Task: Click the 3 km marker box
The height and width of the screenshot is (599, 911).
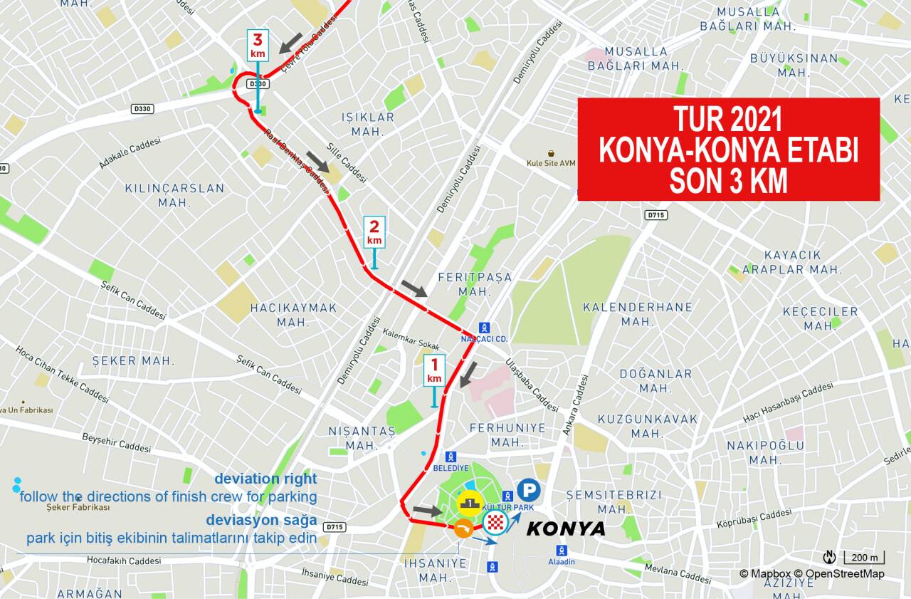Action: (x=258, y=46)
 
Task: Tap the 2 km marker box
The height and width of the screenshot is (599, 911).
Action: (x=374, y=232)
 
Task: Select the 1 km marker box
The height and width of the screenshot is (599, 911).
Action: (x=434, y=370)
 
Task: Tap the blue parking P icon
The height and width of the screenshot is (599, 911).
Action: (x=528, y=490)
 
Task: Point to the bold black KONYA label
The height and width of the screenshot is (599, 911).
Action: (x=565, y=528)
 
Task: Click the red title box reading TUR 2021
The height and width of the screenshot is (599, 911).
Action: (x=728, y=150)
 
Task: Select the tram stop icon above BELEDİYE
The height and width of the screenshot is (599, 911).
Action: (x=450, y=457)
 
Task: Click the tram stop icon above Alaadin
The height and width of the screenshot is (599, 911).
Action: (x=562, y=551)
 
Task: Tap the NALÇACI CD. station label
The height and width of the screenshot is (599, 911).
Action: (x=484, y=339)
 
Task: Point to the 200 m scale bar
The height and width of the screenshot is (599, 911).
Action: (x=864, y=557)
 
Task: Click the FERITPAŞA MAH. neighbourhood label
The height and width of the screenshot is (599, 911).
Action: (x=475, y=284)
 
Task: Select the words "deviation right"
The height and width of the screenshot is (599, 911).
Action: (x=265, y=479)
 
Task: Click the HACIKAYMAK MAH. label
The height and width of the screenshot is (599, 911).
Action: (x=293, y=315)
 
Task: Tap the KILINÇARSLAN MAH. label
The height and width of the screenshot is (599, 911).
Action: (x=174, y=195)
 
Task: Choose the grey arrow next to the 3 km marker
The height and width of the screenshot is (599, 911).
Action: (x=290, y=43)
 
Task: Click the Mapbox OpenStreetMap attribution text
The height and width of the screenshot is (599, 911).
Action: (x=811, y=573)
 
